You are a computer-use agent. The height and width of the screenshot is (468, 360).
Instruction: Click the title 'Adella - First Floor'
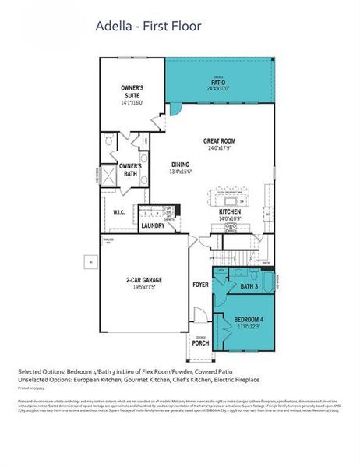tap(148, 27)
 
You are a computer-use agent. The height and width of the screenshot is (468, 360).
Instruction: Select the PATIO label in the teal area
tap(217, 81)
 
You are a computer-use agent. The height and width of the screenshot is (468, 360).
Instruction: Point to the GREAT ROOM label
tap(219, 141)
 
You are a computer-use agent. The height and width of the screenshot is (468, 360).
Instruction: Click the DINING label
tap(180, 165)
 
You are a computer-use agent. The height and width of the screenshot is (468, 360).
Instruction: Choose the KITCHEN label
tap(229, 211)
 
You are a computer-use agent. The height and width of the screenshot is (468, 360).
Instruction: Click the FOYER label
tap(200, 285)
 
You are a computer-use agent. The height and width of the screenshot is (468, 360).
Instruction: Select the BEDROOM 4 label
tap(249, 320)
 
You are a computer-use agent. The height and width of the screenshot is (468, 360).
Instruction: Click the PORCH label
tap(200, 342)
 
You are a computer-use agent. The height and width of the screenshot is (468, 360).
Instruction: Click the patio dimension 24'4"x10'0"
tap(217, 89)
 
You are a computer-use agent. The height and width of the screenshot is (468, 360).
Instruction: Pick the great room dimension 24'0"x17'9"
tap(219, 149)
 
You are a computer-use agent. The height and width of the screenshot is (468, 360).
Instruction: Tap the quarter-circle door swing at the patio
tap(175, 108)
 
